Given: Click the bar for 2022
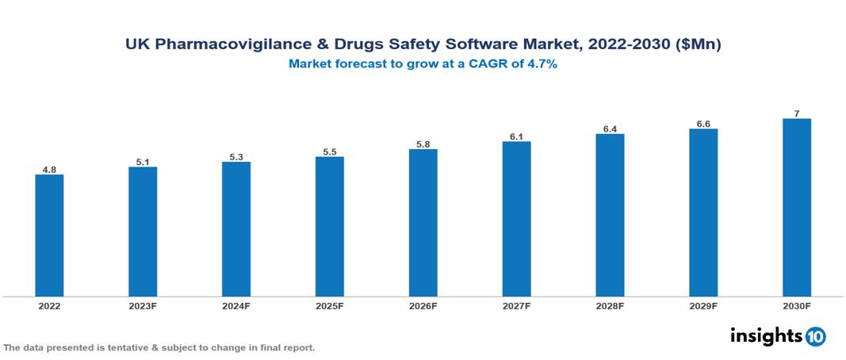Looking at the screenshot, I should [x=49, y=236].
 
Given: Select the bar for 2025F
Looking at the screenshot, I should [x=329, y=227].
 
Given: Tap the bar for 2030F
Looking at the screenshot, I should [x=796, y=208].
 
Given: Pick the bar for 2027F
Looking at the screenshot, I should [x=516, y=219].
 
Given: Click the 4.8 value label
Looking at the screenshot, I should [x=49, y=169].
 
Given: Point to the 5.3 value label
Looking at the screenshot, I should [x=236, y=156].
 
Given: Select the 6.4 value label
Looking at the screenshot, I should [x=610, y=128].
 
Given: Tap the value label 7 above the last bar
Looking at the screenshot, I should [x=796, y=113].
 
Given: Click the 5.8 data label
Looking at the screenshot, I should [x=423, y=144].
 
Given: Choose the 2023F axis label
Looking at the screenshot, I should [x=143, y=305].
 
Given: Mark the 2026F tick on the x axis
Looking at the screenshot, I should [x=423, y=305].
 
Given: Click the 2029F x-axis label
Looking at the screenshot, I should [x=702, y=305].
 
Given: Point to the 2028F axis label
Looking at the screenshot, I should [x=610, y=305].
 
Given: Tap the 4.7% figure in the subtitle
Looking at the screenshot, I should [x=541, y=64].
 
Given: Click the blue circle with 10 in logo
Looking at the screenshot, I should [x=815, y=336].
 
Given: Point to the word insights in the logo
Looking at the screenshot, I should [x=766, y=335].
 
